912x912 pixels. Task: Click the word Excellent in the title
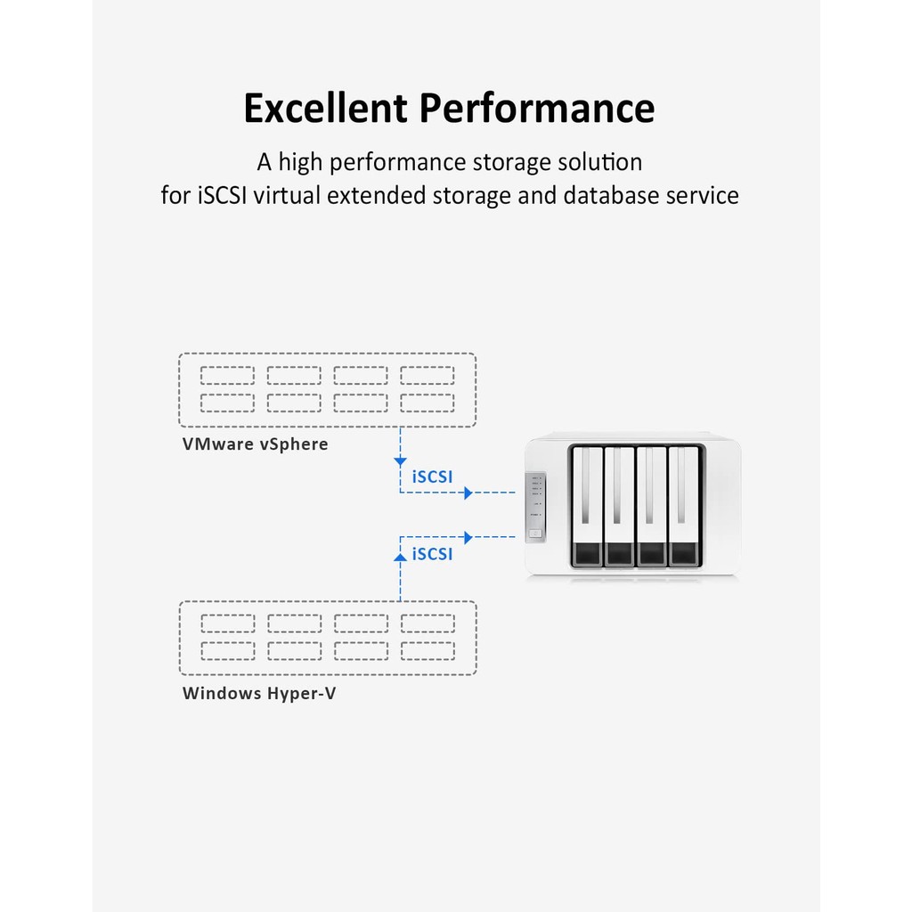pos(325,108)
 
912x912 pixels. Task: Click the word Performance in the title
pos(537,108)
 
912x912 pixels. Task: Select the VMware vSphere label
pos(256,444)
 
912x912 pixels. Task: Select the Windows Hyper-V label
pos(259,693)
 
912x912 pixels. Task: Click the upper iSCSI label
pos(432,477)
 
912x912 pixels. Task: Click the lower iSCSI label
pos(432,554)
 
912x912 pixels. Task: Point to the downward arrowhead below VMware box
pos(400,462)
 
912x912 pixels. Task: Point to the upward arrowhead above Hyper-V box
pos(400,558)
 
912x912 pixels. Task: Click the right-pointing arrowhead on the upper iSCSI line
pos(468,493)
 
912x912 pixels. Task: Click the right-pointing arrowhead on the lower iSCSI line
pos(468,537)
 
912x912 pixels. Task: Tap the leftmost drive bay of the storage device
pos(588,506)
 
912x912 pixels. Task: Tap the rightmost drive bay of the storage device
pos(684,506)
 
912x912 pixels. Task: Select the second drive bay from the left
pos(620,506)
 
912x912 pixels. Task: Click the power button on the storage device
pos(535,533)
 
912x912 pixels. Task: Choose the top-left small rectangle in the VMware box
pos(227,375)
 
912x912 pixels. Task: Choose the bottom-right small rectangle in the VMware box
pos(427,403)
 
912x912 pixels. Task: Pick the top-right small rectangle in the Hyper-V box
pos(428,623)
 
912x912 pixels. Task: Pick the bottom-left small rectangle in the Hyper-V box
pos(228,651)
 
